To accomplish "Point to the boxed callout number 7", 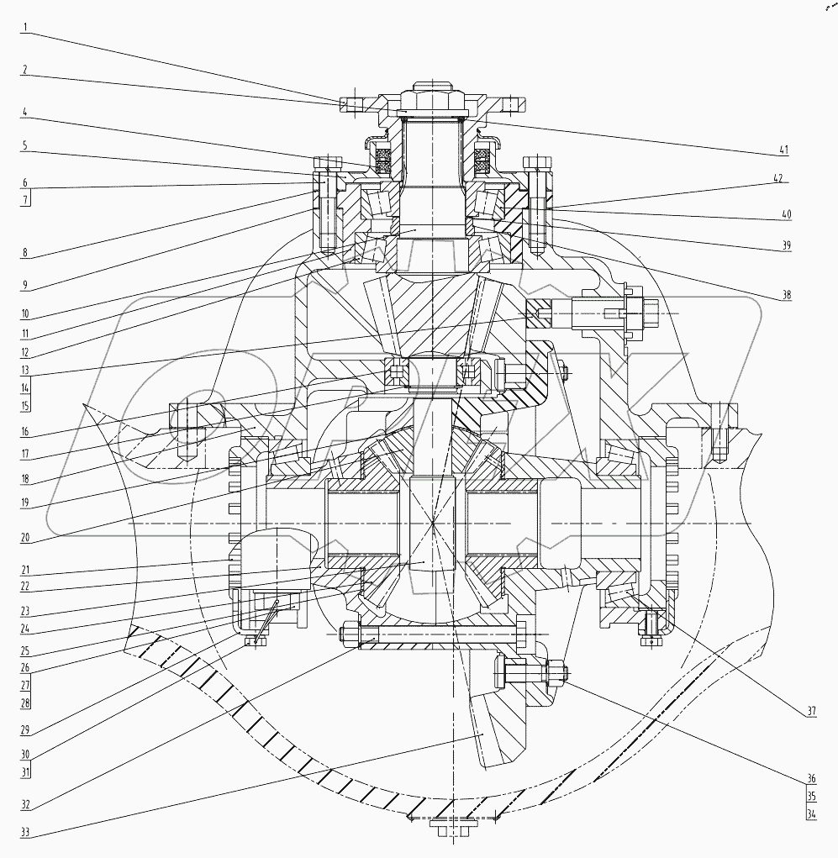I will click(25, 201).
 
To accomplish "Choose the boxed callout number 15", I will click(25, 405).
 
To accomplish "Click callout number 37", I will click(810, 712).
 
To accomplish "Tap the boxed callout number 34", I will click(810, 813).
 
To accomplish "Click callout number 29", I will click(25, 729).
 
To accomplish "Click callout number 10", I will click(25, 313).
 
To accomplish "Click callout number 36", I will click(810, 776).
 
